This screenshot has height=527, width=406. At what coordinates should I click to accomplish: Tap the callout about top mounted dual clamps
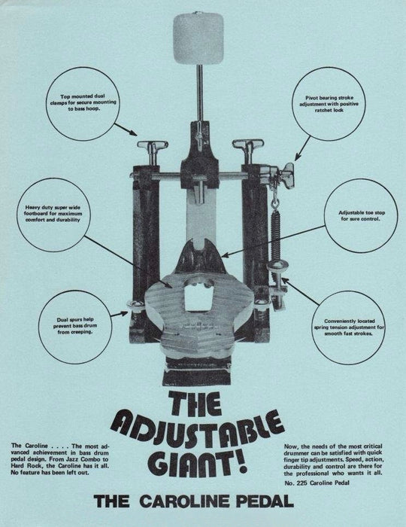83,102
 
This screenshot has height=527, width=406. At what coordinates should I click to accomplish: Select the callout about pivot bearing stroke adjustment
329,104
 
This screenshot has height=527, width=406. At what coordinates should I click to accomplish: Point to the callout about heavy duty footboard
53,213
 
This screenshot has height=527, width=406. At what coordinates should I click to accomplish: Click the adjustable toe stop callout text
362,216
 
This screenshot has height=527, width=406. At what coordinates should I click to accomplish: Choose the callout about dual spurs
75,326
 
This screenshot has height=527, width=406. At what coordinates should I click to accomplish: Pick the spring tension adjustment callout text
350,327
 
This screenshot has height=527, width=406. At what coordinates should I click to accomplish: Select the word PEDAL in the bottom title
265,501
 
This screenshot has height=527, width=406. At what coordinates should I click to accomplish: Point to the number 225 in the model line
302,483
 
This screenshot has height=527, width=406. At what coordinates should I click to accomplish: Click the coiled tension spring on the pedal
275,236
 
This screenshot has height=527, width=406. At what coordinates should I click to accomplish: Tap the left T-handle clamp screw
153,151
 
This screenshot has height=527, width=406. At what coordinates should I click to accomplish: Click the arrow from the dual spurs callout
120,314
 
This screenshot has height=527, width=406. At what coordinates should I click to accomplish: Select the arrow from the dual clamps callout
126,129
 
